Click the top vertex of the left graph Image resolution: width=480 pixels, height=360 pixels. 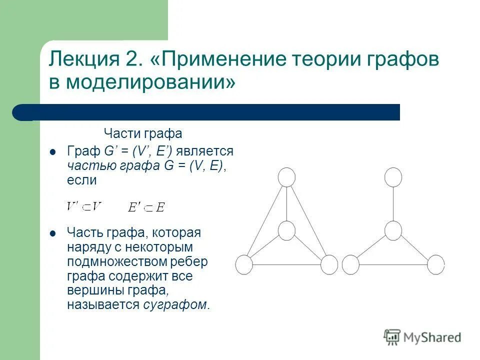[x=286, y=177]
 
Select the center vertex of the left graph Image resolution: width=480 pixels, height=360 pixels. [x=286, y=230]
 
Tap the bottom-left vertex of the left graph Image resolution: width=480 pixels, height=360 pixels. [x=244, y=264]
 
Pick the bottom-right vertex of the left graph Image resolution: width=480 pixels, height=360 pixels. [x=329, y=264]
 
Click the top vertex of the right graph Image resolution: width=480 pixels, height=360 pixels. [x=393, y=177]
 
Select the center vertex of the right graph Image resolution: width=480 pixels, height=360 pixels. [x=393, y=230]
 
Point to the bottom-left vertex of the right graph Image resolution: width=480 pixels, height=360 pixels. [x=350, y=264]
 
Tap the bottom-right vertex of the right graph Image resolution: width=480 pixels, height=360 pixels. [x=436, y=264]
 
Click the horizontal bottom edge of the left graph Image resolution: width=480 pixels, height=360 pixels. [x=286, y=264]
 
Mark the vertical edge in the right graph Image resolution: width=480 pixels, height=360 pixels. [x=393, y=203]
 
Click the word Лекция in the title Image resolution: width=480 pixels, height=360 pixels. [x=82, y=60]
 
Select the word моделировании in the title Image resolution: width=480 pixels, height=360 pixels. [x=150, y=82]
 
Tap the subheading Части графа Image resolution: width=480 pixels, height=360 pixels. [x=142, y=134]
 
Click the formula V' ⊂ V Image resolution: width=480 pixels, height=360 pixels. [x=84, y=206]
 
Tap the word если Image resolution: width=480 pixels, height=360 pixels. [x=81, y=180]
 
